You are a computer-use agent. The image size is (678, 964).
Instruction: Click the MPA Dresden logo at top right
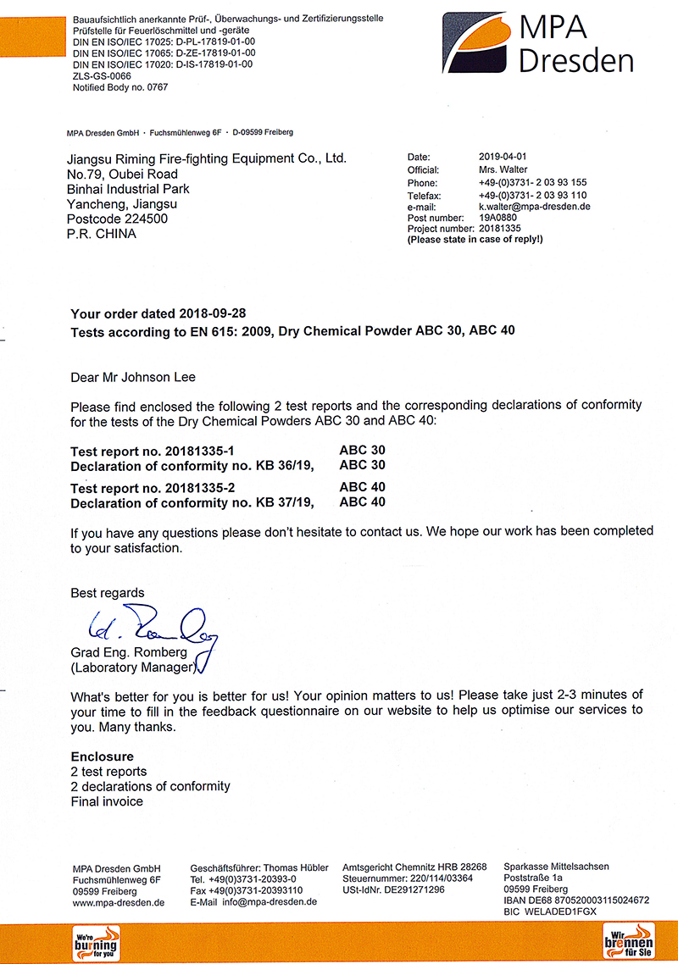coord(537,43)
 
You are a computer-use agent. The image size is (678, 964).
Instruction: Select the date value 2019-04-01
coord(503,157)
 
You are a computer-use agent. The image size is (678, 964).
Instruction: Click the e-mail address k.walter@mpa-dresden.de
coord(534,207)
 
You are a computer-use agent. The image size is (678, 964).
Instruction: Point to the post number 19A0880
coord(499,218)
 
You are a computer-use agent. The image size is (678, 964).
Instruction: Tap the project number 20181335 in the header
coord(500,229)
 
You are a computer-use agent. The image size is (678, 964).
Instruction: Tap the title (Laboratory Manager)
coord(134,667)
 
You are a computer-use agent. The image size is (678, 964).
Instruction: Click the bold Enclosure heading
coord(102,756)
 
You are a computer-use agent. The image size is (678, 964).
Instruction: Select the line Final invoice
coord(107,801)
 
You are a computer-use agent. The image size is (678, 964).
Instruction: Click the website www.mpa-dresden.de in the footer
coord(119,902)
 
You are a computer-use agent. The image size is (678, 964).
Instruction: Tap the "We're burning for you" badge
coord(95,943)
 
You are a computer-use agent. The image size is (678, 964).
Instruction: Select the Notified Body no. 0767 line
coord(120,87)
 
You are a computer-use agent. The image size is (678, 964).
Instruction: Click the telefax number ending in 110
coord(533,196)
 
